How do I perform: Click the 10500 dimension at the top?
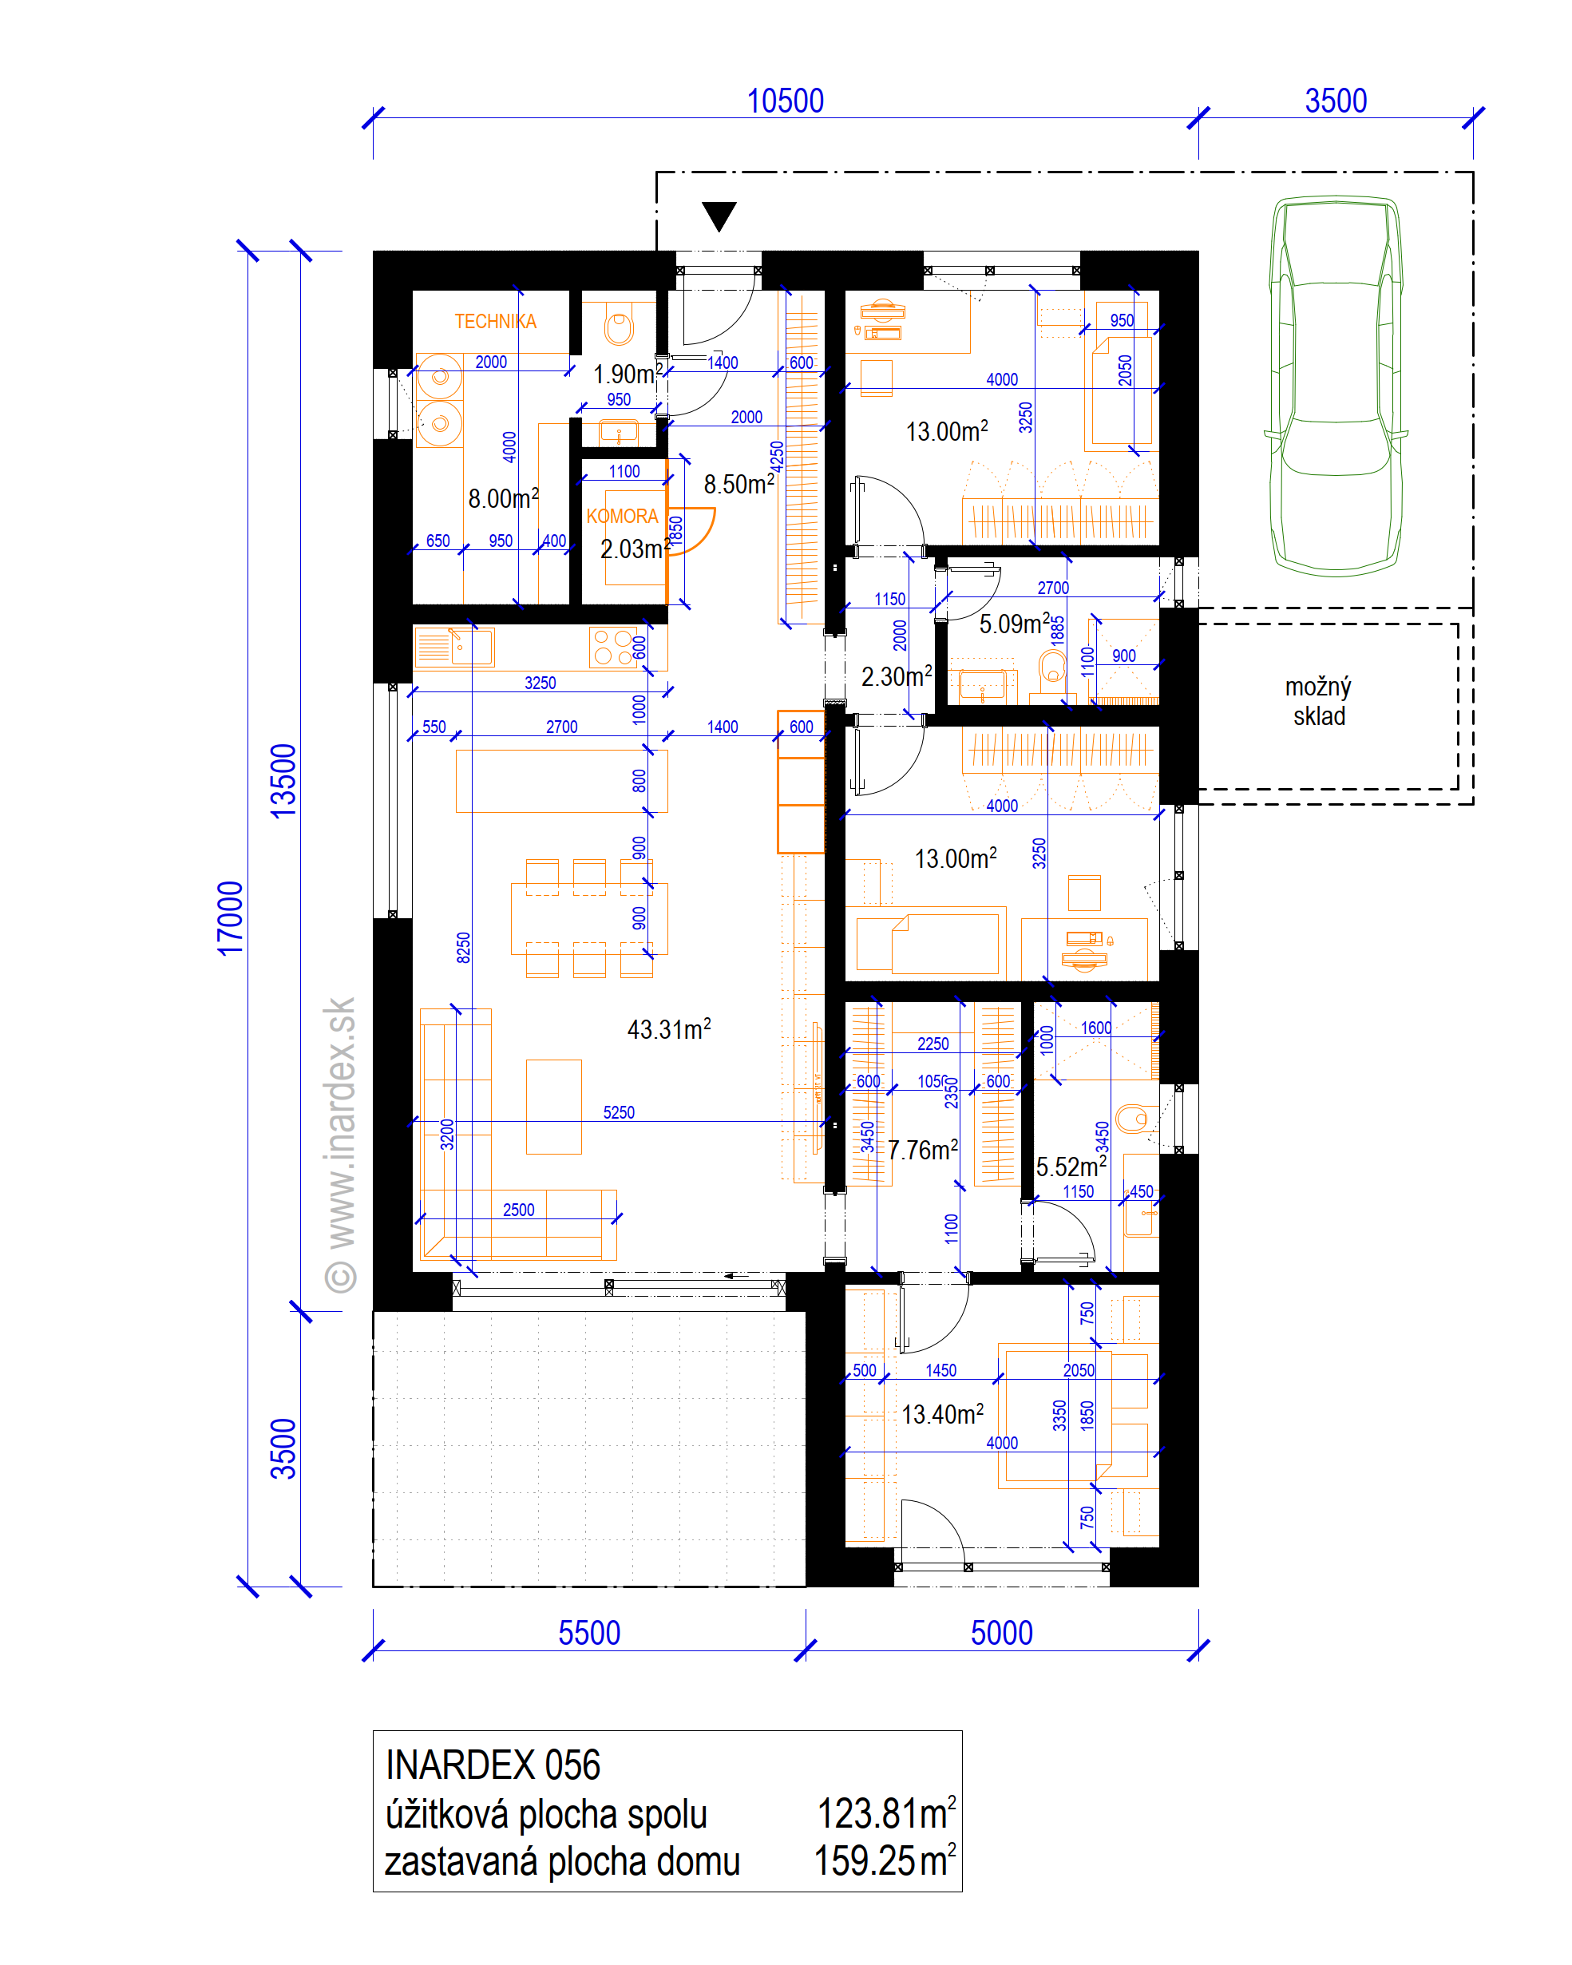(x=785, y=101)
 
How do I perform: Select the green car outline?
(x=1335, y=386)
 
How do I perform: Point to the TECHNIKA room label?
(x=495, y=321)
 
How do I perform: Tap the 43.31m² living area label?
(x=669, y=1029)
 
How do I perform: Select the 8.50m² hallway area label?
(x=739, y=483)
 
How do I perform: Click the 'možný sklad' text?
(x=1319, y=701)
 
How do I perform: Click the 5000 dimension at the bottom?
(x=1001, y=1634)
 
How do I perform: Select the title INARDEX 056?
(x=493, y=1765)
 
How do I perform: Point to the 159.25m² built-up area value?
(x=885, y=1860)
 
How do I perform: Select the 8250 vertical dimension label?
(x=463, y=948)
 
